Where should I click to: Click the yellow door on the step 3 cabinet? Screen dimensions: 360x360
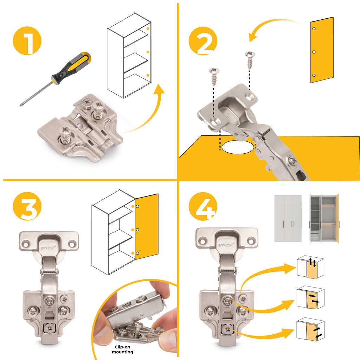click(x=146, y=227)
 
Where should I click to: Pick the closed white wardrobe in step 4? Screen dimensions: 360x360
click(x=288, y=218)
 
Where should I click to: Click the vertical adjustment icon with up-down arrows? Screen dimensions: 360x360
click(x=310, y=267)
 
